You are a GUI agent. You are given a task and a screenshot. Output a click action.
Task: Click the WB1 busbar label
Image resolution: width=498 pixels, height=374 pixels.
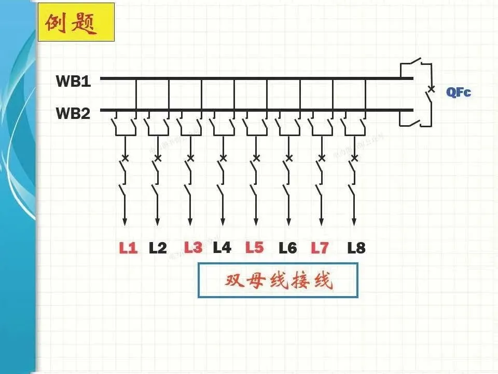tap(73, 81)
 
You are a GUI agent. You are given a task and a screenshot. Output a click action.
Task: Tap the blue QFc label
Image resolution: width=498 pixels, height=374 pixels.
tap(459, 93)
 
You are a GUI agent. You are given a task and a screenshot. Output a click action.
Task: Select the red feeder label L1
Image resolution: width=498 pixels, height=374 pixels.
tap(128, 248)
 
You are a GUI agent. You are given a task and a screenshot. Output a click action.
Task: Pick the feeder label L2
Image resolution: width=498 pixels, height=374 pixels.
tap(158, 248)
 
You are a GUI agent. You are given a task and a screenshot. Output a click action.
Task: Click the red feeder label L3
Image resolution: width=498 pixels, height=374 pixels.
tap(193, 247)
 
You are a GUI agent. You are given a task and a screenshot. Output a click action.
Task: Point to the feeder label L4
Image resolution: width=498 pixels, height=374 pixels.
tap(222, 248)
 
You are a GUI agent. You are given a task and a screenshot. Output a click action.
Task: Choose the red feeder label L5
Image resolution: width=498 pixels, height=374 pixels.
tap(255, 247)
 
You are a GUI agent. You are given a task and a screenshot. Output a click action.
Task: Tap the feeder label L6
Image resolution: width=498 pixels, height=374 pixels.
tap(287, 248)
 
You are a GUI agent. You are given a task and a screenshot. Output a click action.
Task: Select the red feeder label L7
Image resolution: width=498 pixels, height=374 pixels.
tap(320, 248)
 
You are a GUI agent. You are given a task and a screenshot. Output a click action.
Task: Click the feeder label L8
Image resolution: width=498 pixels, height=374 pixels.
tap(356, 248)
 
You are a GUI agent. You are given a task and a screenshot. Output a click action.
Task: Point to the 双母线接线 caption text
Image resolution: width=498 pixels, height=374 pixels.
tap(278, 281)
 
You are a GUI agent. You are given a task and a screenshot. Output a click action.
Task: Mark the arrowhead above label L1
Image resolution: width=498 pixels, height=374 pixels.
tap(125, 222)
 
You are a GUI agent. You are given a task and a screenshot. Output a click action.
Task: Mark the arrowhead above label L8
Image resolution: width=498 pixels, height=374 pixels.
tap(354, 222)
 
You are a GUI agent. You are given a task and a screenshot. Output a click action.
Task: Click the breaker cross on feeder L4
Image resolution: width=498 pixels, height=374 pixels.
tap(223, 157)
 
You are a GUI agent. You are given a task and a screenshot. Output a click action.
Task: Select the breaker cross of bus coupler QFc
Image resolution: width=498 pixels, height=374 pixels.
tap(430, 88)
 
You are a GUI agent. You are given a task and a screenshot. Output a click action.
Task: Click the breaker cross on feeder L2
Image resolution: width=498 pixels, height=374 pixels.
tap(158, 157)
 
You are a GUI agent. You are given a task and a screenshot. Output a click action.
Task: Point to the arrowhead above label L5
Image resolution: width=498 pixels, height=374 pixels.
tap(256, 222)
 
